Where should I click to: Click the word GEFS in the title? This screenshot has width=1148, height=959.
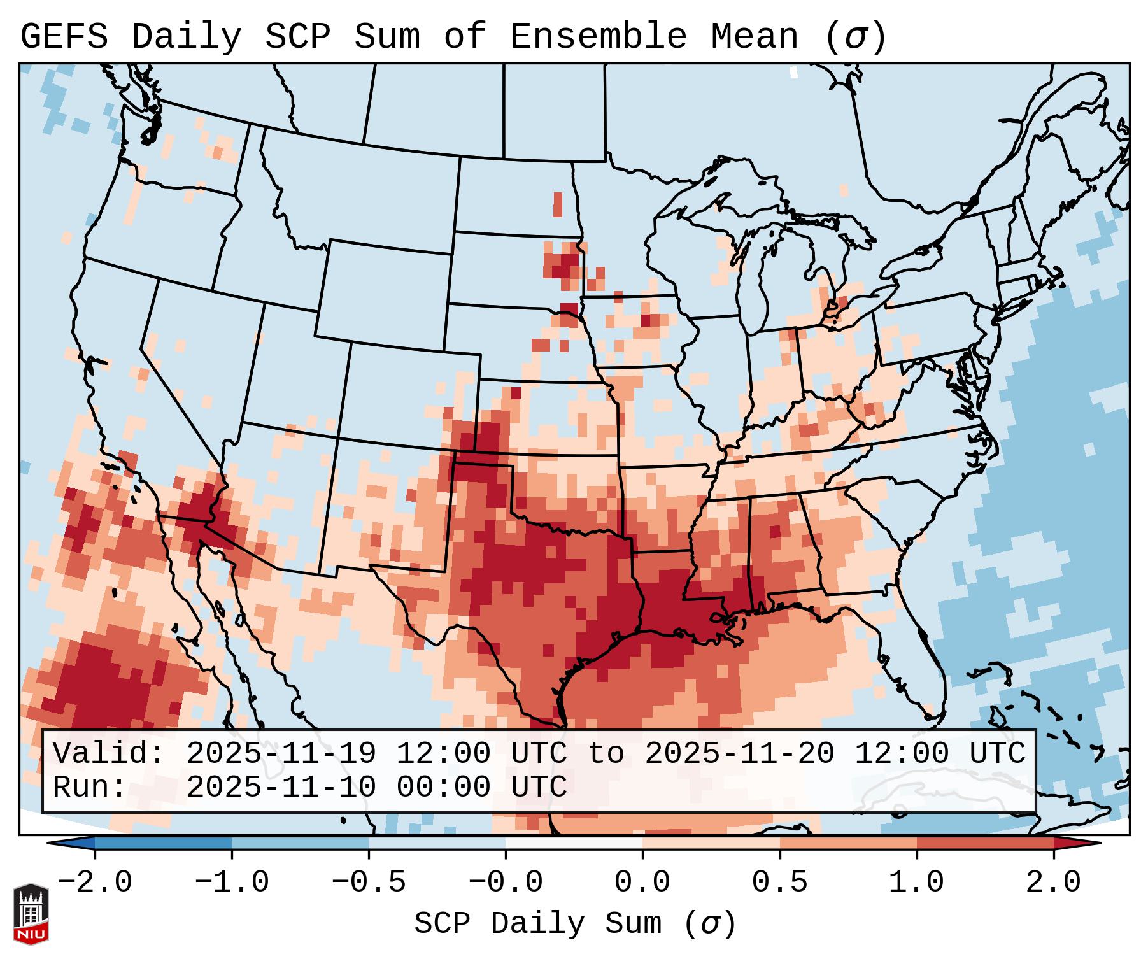coord(64,37)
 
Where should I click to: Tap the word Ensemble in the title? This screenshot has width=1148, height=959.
coord(598,37)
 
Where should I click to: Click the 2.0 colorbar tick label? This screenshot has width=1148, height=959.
coord(1053,883)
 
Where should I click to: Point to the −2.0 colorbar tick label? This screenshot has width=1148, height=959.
coord(95,883)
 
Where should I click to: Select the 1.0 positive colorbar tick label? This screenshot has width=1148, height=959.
coord(916,883)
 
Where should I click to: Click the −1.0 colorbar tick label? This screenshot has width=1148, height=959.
coord(232,883)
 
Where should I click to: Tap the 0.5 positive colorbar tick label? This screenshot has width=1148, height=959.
coord(779,883)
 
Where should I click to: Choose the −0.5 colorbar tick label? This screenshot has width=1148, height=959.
coord(369,883)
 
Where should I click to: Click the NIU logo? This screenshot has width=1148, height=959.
coord(31,914)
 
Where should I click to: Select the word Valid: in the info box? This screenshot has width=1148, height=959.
coord(109,754)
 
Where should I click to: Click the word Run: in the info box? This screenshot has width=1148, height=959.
coord(90,788)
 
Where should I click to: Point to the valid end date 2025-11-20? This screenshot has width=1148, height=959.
coord(739,754)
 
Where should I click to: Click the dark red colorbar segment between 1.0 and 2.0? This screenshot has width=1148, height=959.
coord(985,843)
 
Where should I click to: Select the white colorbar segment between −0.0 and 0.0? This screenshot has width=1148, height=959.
coord(574,843)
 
